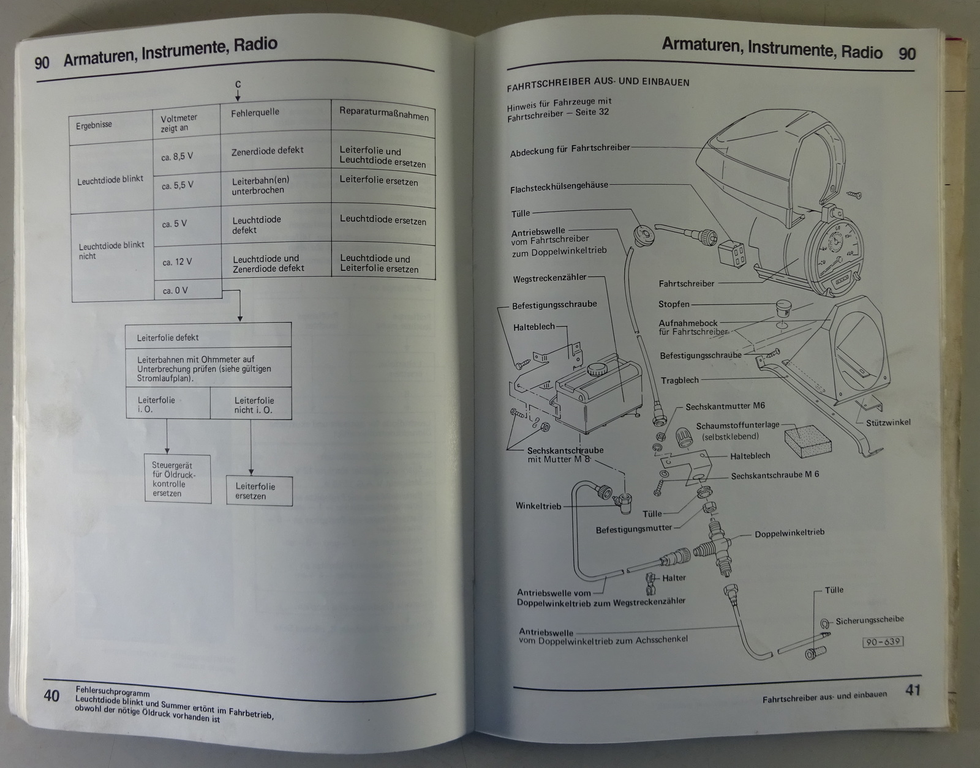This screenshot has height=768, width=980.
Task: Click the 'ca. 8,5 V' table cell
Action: pos(177,157)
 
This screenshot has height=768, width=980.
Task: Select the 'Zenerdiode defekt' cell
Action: pos(267,151)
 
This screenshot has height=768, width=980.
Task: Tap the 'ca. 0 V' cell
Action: pos(175,291)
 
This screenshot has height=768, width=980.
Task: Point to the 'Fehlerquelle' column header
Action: pos(255,113)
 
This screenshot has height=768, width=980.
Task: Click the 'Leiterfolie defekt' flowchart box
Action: pos(168,337)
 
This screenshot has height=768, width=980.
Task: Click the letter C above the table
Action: pos(238,85)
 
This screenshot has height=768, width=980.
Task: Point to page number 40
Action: pos(51,696)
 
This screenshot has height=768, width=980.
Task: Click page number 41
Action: pos(913,690)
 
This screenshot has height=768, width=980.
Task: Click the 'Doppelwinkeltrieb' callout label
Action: pos(790,534)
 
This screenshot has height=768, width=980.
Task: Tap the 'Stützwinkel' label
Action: pos(888,422)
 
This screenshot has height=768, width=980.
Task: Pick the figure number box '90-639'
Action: pos(883,642)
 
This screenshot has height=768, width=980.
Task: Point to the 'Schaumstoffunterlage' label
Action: pos(737,426)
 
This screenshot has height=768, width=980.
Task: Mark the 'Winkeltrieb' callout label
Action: pos(538,506)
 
